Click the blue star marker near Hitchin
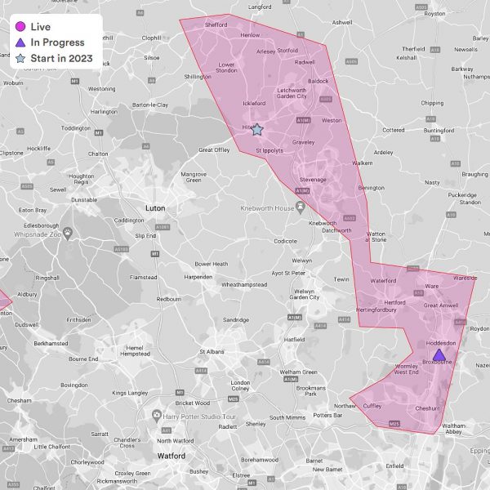point(256,130)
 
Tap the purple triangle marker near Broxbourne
point(439,354)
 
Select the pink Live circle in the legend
point(20,26)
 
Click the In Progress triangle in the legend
point(20,42)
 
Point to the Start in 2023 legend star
point(20,59)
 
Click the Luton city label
point(155,207)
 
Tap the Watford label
point(171,456)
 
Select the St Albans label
point(213,352)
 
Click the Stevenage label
point(313,179)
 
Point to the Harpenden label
point(199,276)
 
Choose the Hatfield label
point(294,339)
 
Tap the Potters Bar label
point(327,415)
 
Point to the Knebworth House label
point(267,208)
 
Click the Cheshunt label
point(428,408)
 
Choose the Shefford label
point(216,25)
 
